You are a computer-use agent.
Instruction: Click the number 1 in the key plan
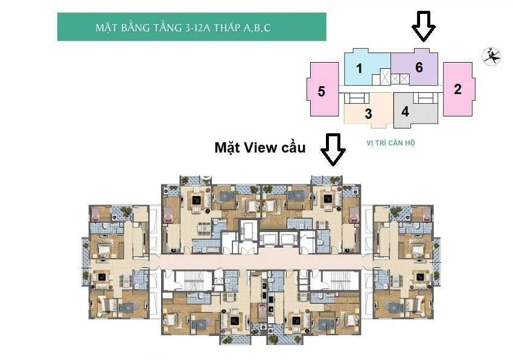click(x=359, y=68)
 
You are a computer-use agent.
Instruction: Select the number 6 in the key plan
click(x=419, y=67)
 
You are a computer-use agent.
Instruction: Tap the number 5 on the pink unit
click(x=322, y=91)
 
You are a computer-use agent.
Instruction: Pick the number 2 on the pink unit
click(x=457, y=89)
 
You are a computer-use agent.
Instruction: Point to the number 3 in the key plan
click(x=368, y=114)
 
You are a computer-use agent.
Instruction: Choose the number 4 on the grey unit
click(x=406, y=112)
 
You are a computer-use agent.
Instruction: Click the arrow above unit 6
click(x=424, y=27)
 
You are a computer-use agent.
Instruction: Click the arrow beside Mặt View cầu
click(x=333, y=150)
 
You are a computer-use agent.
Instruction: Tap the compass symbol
click(x=492, y=56)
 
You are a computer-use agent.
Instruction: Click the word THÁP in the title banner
click(x=227, y=28)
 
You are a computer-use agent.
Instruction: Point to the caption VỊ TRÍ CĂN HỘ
click(x=390, y=143)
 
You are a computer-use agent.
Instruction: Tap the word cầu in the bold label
click(x=293, y=148)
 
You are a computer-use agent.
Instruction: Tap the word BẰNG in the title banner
click(x=135, y=28)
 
